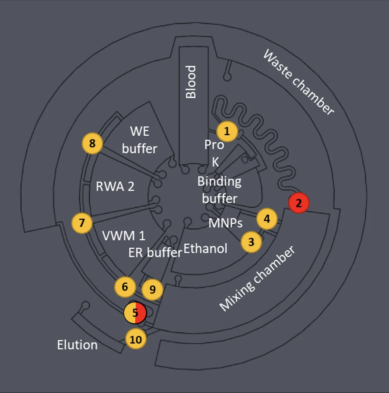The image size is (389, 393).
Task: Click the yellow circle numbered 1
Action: (x=227, y=131)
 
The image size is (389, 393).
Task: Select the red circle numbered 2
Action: (x=299, y=203)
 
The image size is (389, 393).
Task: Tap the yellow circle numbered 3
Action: (x=251, y=242)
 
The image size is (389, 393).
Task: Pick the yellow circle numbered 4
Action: (x=267, y=219)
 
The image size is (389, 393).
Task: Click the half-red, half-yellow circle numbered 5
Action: (x=135, y=312)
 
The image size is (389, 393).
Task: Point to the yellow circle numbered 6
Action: (x=125, y=287)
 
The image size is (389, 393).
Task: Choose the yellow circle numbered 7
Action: (x=82, y=223)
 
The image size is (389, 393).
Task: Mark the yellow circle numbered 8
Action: (x=92, y=143)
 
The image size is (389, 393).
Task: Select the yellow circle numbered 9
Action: (x=152, y=289)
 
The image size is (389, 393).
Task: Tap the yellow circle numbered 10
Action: (x=136, y=340)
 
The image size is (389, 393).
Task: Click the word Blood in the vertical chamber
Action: (x=191, y=82)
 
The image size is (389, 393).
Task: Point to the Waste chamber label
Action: (x=298, y=82)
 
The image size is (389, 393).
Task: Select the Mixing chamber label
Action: (x=257, y=279)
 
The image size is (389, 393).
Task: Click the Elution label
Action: (x=77, y=345)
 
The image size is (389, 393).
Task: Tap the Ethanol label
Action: (x=205, y=249)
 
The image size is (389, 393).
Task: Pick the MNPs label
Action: (x=225, y=223)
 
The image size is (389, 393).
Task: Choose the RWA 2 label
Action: (x=115, y=186)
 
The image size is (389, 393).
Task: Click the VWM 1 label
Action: (x=124, y=236)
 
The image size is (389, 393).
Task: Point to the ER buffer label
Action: (x=155, y=252)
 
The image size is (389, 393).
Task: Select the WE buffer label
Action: (x=139, y=140)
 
